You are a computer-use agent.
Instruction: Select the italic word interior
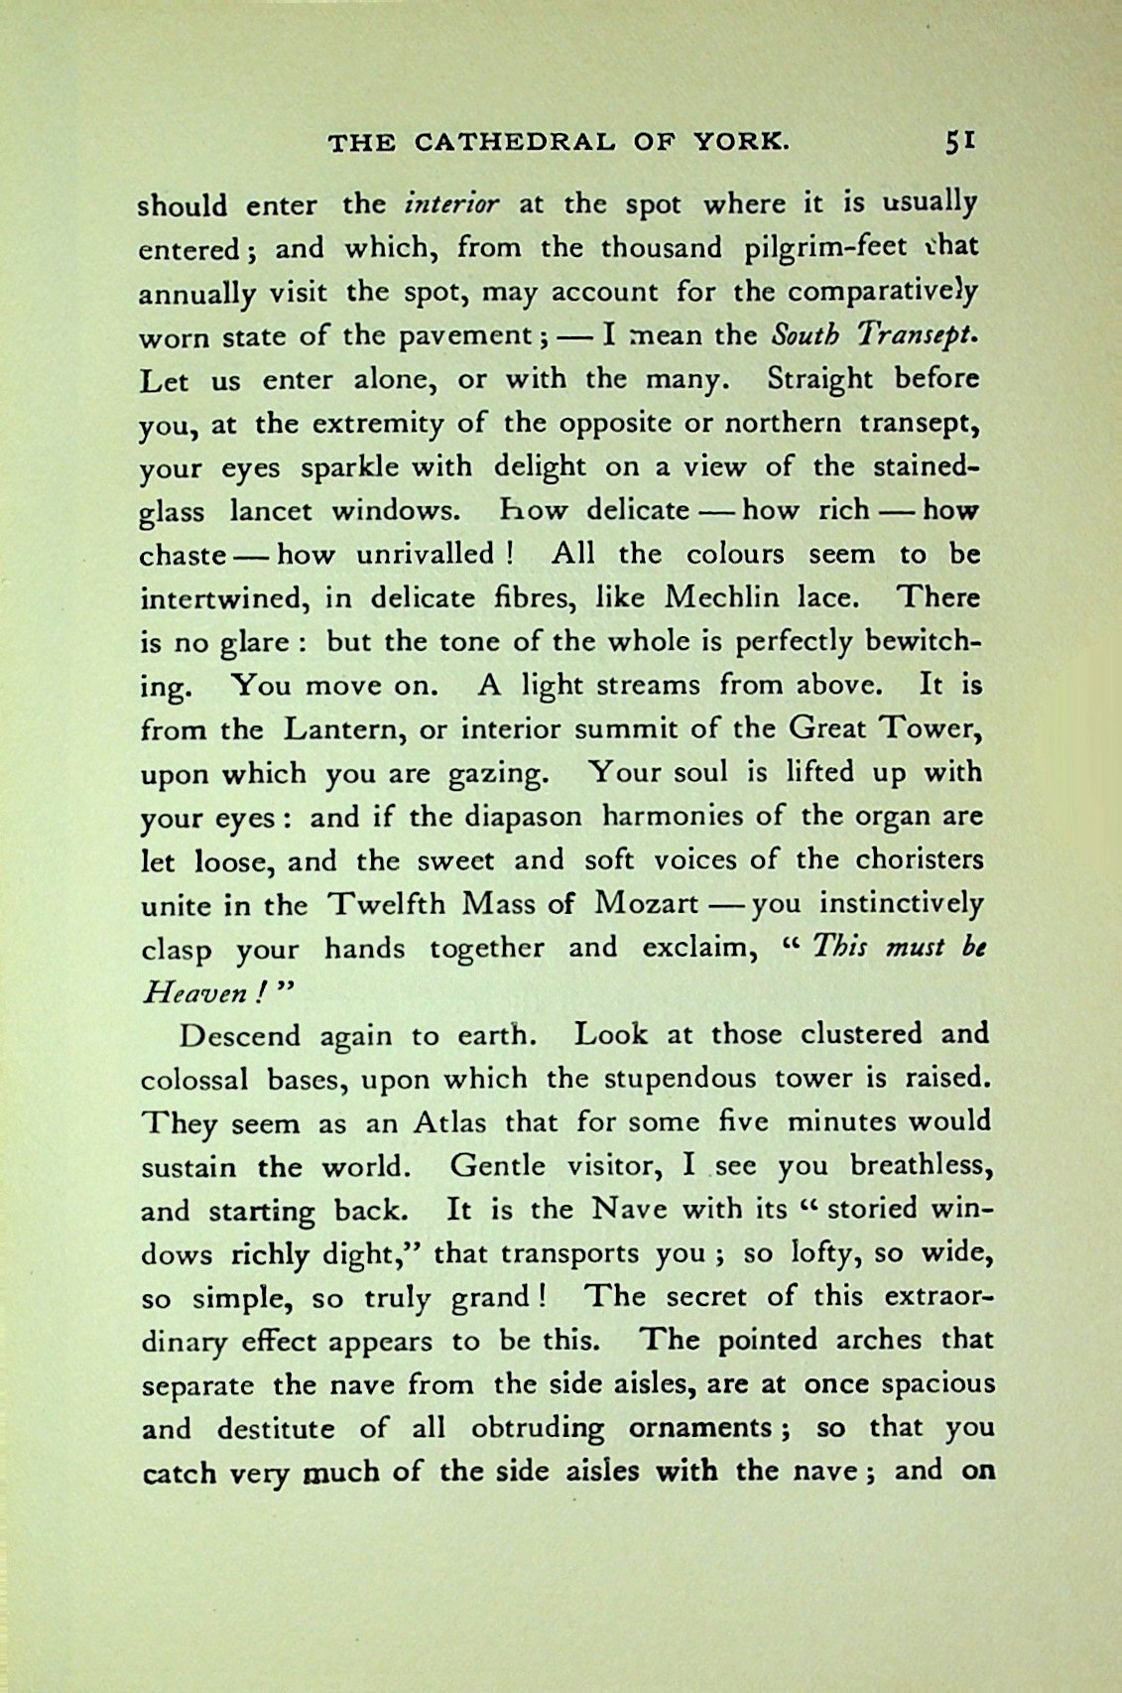tap(451, 204)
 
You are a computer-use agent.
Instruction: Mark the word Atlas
tap(449, 1122)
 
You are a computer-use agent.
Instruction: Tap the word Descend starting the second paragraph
tap(238, 1035)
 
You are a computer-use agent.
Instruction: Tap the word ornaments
tap(700, 1428)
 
